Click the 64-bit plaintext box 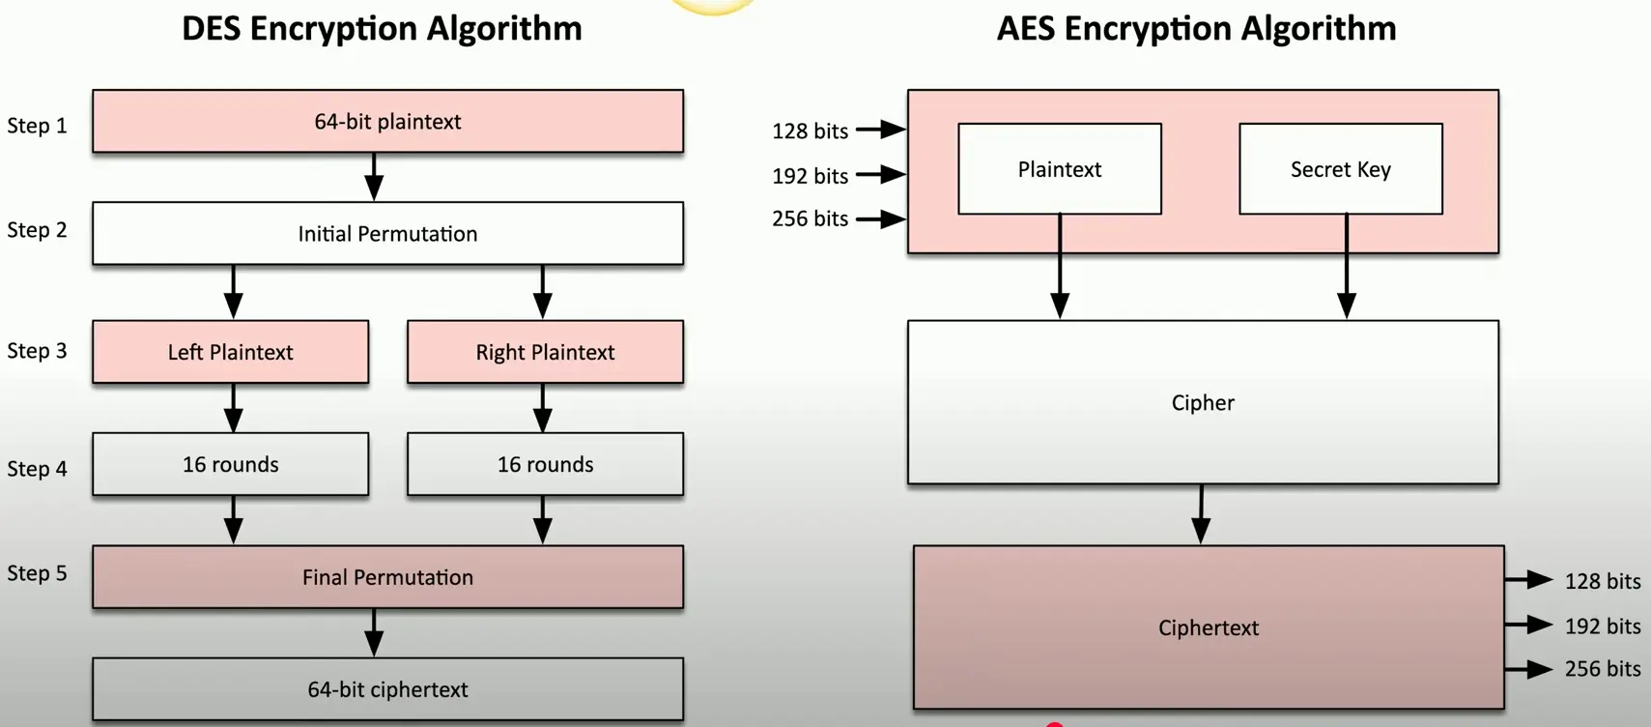click(x=387, y=122)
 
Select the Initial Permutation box click(x=387, y=234)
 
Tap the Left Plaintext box click(x=230, y=352)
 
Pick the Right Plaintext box click(x=545, y=352)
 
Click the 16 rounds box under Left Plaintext click(x=230, y=464)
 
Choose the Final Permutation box click(x=387, y=577)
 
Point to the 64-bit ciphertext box click(x=387, y=689)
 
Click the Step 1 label click(x=37, y=126)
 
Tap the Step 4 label click(x=37, y=469)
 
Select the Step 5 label click(x=37, y=573)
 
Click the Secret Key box click(x=1340, y=169)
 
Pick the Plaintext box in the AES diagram click(x=1059, y=169)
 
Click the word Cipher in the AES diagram click(x=1203, y=402)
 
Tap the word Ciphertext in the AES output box click(x=1209, y=627)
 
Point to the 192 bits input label click(x=810, y=176)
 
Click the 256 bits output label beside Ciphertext click(x=1602, y=669)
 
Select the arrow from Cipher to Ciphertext click(x=1201, y=514)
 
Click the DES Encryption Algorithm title click(x=382, y=28)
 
